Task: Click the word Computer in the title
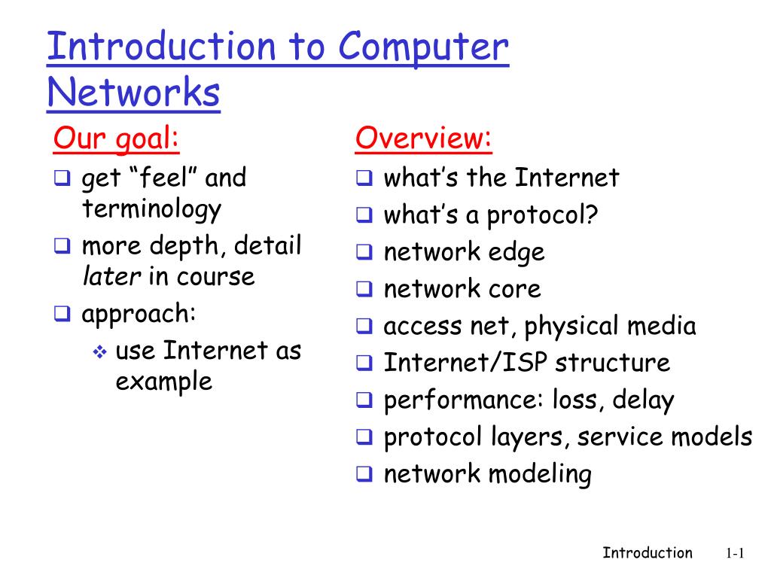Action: pos(423,48)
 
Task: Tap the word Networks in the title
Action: pos(133,93)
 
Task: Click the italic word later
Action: pos(111,276)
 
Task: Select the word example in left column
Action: pos(163,382)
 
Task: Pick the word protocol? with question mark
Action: pos(542,216)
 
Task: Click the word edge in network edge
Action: pos(516,253)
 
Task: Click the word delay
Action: pos(642,400)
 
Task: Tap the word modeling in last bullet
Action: pos(540,473)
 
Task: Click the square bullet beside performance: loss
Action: pos(364,400)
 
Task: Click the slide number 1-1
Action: pos(735,554)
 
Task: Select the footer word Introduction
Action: pos(647,553)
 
